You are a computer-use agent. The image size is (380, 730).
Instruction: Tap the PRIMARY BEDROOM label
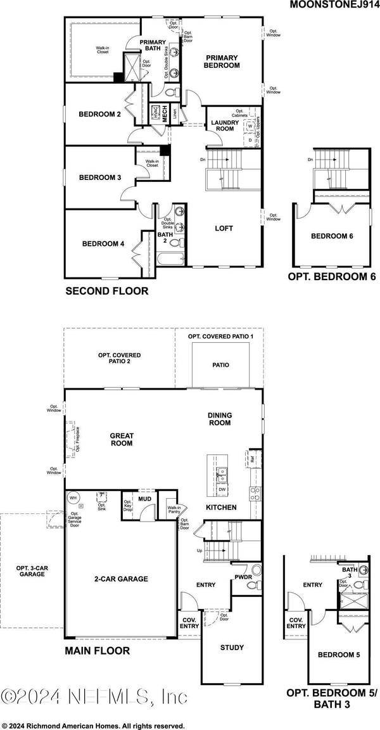(222, 61)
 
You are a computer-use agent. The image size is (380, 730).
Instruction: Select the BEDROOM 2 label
(99, 114)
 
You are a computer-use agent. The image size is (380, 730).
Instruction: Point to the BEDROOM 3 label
(99, 177)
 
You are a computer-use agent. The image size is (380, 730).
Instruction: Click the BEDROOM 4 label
(103, 243)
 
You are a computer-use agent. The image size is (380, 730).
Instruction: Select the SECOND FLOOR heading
(107, 291)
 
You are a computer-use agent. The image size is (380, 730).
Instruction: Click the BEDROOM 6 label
(331, 236)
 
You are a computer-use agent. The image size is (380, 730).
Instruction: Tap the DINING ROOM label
(220, 419)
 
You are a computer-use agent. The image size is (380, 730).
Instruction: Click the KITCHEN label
(221, 507)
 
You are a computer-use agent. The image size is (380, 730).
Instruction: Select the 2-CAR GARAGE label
(120, 579)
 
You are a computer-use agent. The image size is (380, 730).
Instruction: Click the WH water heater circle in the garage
(73, 497)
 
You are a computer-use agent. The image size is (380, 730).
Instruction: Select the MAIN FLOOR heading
(98, 651)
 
